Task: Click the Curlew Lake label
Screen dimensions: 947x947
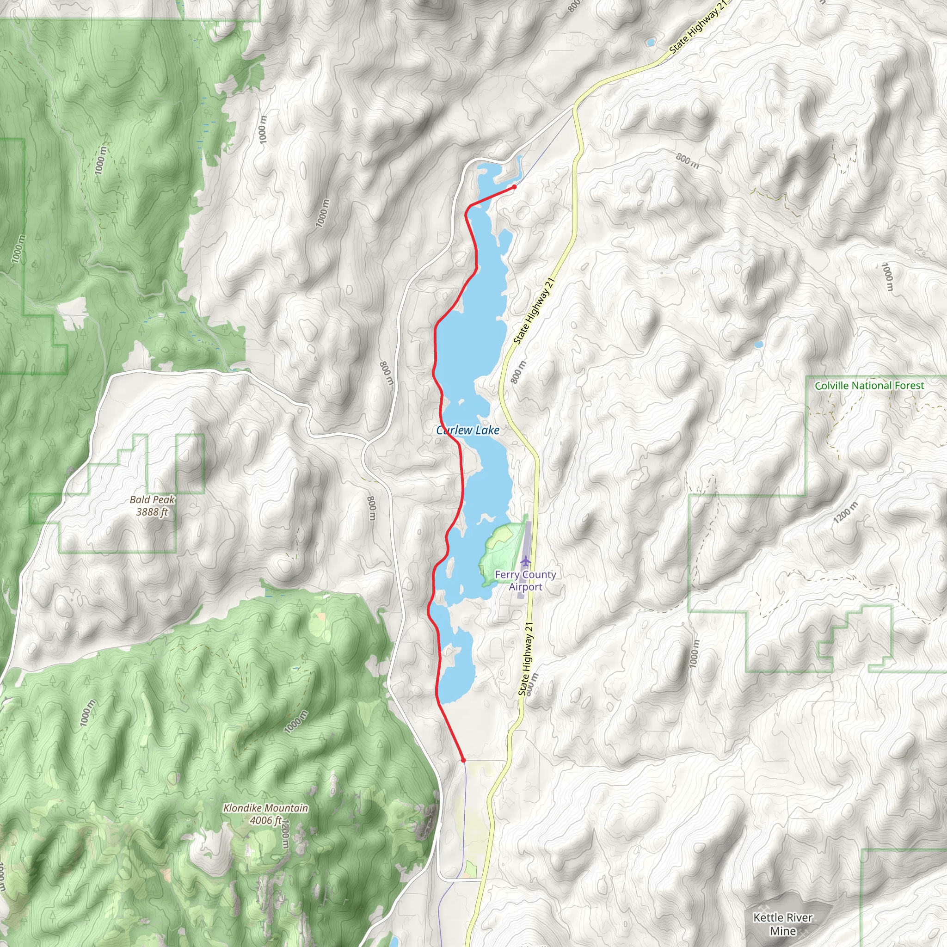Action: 467,430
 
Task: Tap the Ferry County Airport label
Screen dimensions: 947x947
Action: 525,581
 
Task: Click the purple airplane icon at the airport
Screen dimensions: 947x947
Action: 526,560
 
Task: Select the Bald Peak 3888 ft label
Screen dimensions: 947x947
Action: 152,505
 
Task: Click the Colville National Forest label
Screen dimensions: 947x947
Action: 869,386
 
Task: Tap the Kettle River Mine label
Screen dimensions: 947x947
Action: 783,924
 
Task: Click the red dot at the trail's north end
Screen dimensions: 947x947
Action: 514,187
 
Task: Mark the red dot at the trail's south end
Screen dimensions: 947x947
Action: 463,760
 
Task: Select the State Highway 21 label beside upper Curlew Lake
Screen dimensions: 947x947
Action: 534,311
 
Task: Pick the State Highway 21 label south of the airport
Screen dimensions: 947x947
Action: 525,659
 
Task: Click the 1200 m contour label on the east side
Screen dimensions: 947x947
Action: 846,512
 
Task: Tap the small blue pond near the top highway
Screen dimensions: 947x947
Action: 650,43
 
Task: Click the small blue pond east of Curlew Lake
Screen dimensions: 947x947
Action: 758,344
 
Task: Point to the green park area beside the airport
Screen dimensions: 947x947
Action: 500,552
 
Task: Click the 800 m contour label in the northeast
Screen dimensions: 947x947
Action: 687,160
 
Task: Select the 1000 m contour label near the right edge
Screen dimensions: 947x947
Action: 887,277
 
